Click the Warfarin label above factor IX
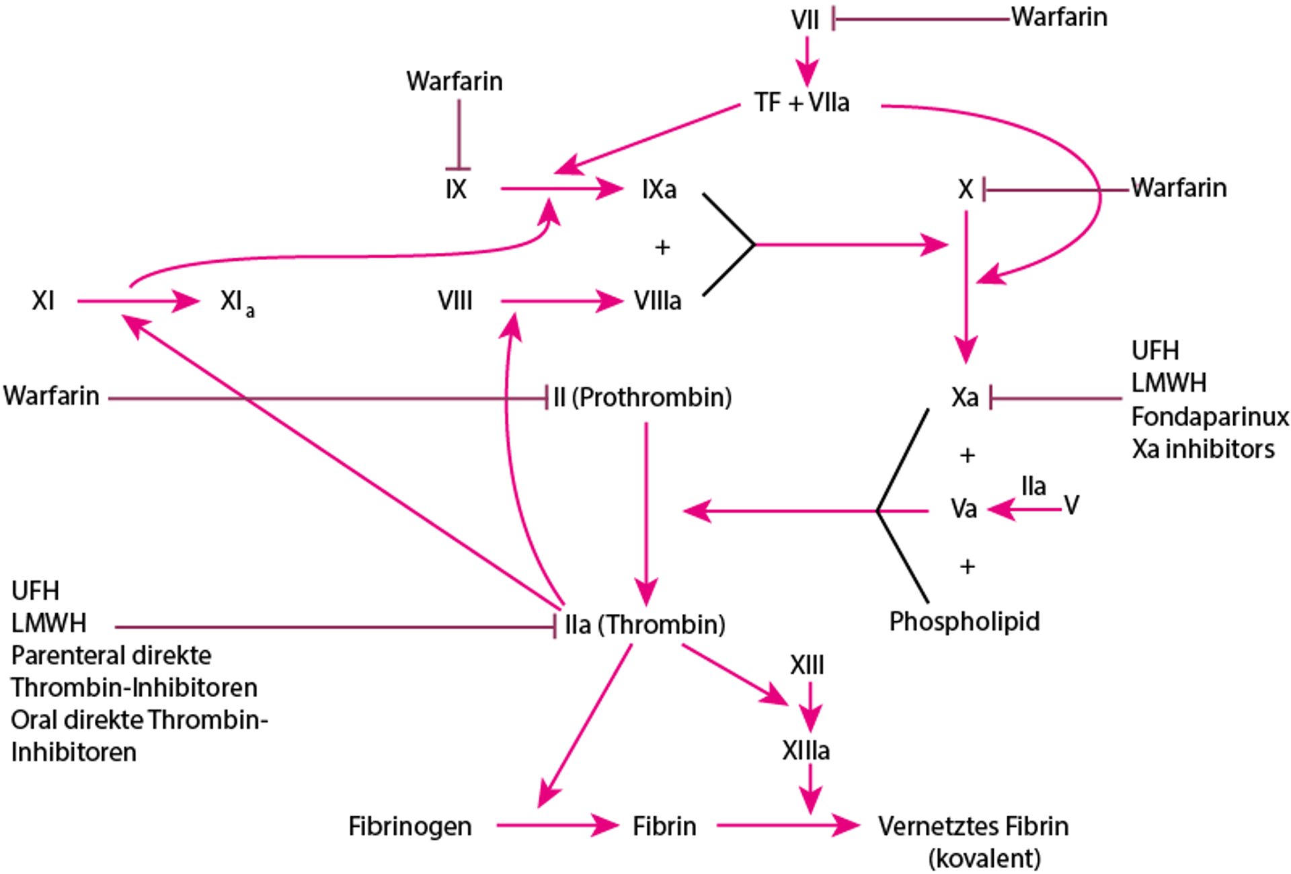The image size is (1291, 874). pos(454,81)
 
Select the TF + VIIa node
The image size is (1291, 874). pos(801,103)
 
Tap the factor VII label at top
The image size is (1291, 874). pos(805,19)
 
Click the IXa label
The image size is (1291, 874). pos(659,190)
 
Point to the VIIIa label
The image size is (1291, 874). pos(657,301)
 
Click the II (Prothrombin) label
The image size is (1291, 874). pos(642,397)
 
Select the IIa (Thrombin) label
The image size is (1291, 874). pos(644,625)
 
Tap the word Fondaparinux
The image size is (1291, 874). pos(1210,417)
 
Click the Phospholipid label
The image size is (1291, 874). pos(964,621)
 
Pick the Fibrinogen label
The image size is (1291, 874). pos(409,826)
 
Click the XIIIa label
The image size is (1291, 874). pos(806,750)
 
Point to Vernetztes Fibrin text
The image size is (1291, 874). pos(973,826)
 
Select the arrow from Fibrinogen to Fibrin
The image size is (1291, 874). pos(556,825)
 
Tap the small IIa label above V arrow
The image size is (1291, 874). pos(1033,486)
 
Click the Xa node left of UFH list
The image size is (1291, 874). pos(964,397)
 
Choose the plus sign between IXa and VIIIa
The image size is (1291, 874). pos(662,247)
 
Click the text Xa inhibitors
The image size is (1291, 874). pos(1202,449)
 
